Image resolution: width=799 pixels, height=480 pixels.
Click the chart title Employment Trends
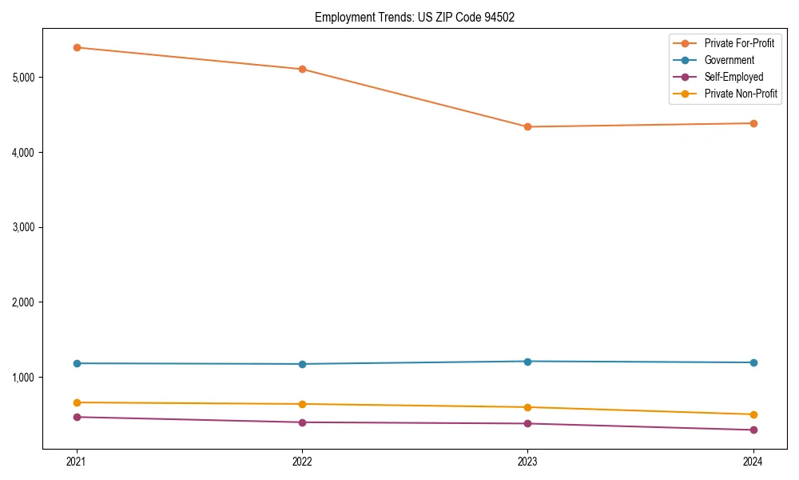pyautogui.click(x=409, y=17)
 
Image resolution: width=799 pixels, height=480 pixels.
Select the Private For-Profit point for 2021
pyautogui.click(x=77, y=47)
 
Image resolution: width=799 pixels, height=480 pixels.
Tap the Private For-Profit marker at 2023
pyautogui.click(x=527, y=126)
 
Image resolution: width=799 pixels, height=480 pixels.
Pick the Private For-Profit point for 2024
pyautogui.click(x=753, y=123)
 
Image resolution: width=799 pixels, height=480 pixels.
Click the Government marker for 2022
pyautogui.click(x=302, y=364)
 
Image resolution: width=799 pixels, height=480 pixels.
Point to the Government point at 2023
pyautogui.click(x=527, y=362)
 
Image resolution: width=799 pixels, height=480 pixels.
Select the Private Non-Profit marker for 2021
pyautogui.click(x=77, y=402)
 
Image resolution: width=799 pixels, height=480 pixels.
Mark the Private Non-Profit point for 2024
pyautogui.click(x=753, y=414)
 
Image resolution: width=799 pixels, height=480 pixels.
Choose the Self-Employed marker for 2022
pyautogui.click(x=302, y=422)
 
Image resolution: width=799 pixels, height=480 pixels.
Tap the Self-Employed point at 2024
pyautogui.click(x=753, y=430)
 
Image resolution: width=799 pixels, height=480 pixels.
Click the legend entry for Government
pyautogui.click(x=729, y=60)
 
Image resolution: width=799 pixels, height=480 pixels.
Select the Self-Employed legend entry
pyautogui.click(x=733, y=77)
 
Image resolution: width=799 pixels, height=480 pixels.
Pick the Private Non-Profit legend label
pyautogui.click(x=741, y=94)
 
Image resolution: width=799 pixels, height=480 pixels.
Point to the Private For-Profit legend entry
pyautogui.click(x=739, y=43)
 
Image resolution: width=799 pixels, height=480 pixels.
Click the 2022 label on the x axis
pyautogui.click(x=302, y=462)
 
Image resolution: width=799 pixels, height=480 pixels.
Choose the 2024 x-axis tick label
pyautogui.click(x=753, y=462)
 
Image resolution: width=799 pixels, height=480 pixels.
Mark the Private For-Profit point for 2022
pyautogui.click(x=302, y=69)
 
